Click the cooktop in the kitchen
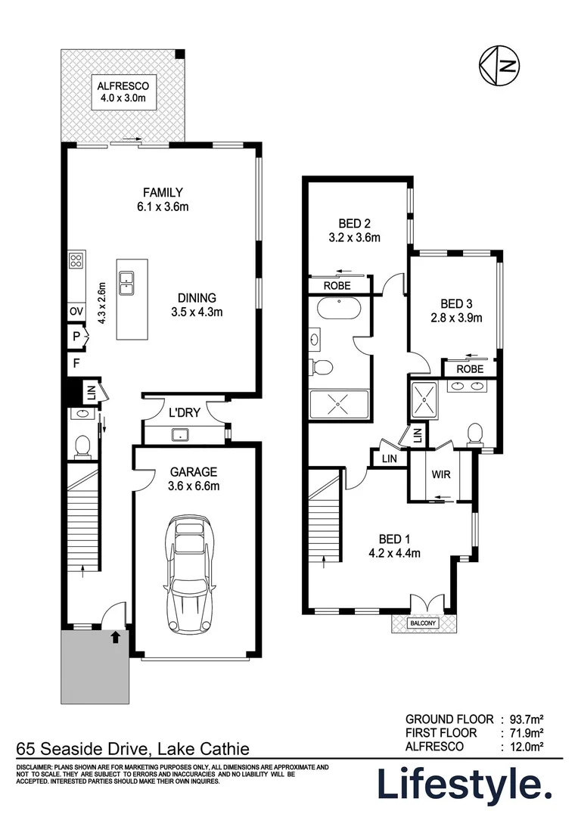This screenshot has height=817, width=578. point(76,261)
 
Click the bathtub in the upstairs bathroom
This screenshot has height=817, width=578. point(338,310)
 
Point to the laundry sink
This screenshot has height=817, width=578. point(180,434)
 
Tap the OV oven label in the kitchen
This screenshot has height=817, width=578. point(76,311)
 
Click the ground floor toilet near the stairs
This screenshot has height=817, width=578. point(82,446)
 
